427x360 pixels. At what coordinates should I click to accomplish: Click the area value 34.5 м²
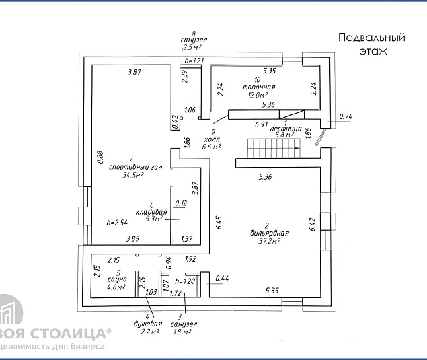tap(133, 175)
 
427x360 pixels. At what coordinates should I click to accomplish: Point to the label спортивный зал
tap(137, 167)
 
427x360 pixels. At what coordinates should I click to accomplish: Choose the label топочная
tap(260, 87)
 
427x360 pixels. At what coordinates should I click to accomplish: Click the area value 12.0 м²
tap(258, 95)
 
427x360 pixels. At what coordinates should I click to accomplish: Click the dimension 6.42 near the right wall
tap(313, 223)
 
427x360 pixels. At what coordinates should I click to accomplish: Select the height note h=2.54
tap(118, 222)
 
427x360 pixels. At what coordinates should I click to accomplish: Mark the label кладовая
tap(151, 212)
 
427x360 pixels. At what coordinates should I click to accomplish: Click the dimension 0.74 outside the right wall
tap(346, 117)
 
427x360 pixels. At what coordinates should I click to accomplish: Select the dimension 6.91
tap(262, 124)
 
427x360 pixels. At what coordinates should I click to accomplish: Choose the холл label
tap(212, 138)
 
